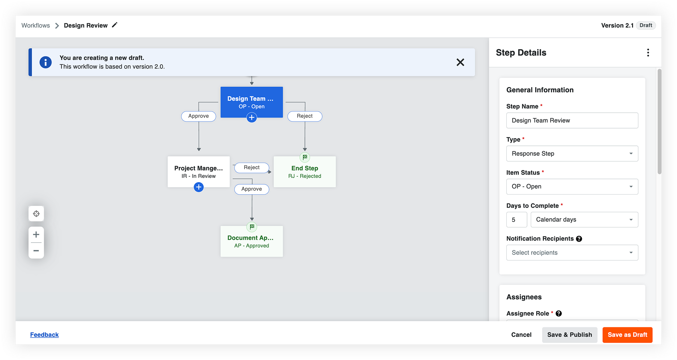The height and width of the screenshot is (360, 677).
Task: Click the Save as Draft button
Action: pyautogui.click(x=627, y=335)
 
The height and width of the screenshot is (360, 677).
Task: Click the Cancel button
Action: pyautogui.click(x=521, y=335)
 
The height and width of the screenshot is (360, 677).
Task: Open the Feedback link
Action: pyautogui.click(x=44, y=335)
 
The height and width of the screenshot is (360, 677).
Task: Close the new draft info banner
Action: pyautogui.click(x=460, y=62)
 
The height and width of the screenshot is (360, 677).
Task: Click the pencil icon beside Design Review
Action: pyautogui.click(x=115, y=25)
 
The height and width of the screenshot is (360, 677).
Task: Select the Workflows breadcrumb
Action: pyautogui.click(x=36, y=25)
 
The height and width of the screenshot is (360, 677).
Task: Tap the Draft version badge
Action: pyautogui.click(x=646, y=25)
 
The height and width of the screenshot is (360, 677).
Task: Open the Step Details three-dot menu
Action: pyautogui.click(x=648, y=52)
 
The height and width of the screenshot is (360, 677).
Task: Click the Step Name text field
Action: pyautogui.click(x=572, y=120)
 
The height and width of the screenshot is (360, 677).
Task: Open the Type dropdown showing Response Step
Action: pyautogui.click(x=572, y=154)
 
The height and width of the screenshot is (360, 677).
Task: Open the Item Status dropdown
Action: pyautogui.click(x=572, y=186)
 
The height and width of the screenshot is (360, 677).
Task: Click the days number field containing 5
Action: pyautogui.click(x=516, y=220)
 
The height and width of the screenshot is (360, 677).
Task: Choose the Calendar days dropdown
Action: pyautogui.click(x=584, y=220)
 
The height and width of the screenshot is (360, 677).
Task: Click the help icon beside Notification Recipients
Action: pyautogui.click(x=579, y=239)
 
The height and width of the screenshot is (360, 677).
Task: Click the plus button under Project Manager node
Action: pyautogui.click(x=199, y=187)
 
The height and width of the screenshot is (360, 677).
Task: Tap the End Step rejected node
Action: pyautogui.click(x=305, y=172)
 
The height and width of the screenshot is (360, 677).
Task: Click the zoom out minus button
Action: pyautogui.click(x=36, y=251)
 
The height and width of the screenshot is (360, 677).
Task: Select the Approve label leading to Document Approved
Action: pyautogui.click(x=252, y=189)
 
